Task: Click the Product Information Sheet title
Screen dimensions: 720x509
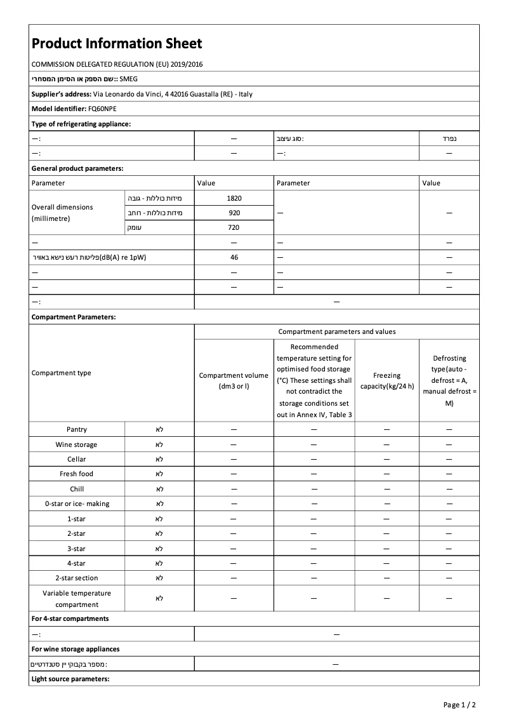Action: [x=117, y=43]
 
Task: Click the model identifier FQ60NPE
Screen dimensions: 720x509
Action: [x=102, y=109]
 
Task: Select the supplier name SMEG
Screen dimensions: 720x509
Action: [x=128, y=79]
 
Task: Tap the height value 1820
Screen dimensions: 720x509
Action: [x=234, y=198]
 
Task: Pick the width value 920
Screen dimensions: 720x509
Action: [x=234, y=213]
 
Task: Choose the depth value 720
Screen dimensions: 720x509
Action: [x=234, y=227]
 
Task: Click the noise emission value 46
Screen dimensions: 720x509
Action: [x=234, y=257]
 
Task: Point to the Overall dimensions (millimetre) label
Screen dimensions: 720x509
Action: [x=62, y=213]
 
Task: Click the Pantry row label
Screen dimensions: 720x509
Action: [x=77, y=430]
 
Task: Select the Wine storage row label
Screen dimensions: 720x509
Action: [x=77, y=444]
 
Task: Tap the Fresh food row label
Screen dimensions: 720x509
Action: [x=77, y=474]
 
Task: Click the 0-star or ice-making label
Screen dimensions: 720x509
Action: [x=77, y=503]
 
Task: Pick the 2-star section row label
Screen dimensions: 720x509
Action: [x=77, y=578]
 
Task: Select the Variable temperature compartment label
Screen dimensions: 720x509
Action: [x=77, y=599]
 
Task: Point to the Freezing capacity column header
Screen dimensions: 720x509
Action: [x=387, y=380]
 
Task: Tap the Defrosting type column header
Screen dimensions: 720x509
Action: [x=449, y=380]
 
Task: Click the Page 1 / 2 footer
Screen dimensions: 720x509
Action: [x=459, y=705]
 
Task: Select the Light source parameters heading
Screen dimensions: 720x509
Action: [x=70, y=679]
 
